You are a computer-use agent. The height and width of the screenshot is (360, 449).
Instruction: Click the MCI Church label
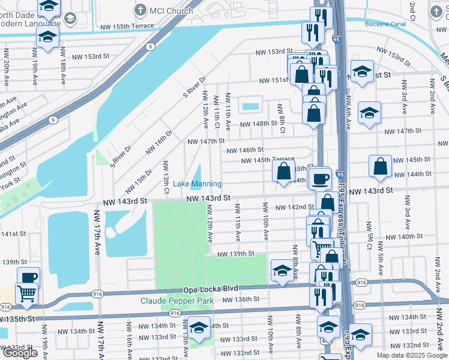click(171, 10)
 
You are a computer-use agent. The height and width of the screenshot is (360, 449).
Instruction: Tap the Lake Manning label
click(197, 184)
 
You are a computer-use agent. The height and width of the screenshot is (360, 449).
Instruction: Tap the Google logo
click(20, 353)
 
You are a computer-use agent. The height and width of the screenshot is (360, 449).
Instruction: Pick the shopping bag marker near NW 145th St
click(381, 166)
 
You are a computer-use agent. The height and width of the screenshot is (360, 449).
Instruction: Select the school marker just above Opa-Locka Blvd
click(282, 270)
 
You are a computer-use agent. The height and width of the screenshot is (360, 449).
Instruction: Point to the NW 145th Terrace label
click(268, 160)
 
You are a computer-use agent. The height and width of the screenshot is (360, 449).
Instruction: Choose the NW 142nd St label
click(292, 207)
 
